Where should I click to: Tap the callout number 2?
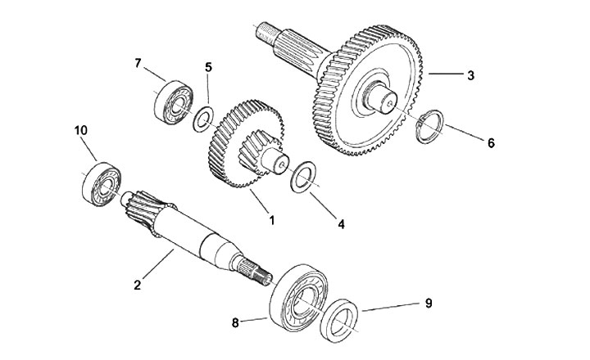tap(138, 285)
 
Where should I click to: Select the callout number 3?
tap(470, 76)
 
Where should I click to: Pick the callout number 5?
tap(208, 67)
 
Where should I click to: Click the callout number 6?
tap(491, 143)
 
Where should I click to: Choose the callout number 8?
tap(237, 322)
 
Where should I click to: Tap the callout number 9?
tap(428, 304)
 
